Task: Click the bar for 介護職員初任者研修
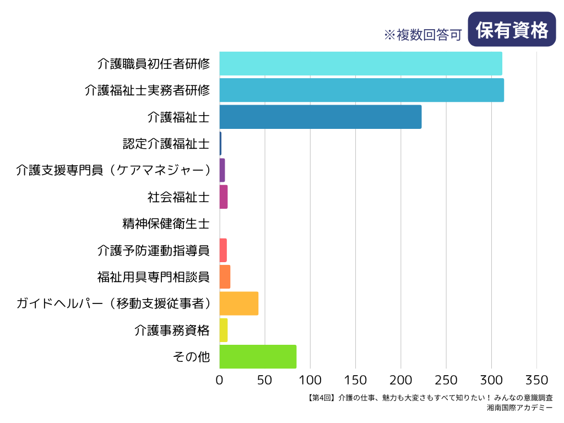(x=361, y=63)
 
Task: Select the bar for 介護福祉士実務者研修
(x=361, y=90)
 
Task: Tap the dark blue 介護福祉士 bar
(x=320, y=117)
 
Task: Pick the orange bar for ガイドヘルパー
(x=238, y=303)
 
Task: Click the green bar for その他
(x=258, y=356)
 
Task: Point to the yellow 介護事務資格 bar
(x=223, y=330)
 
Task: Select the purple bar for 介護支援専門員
(x=222, y=170)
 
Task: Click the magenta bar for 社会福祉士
(x=223, y=197)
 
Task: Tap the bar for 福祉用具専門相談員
(x=225, y=276)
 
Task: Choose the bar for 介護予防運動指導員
(x=223, y=250)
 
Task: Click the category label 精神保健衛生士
(x=166, y=224)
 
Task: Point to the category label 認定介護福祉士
(x=166, y=144)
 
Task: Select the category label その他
(x=191, y=357)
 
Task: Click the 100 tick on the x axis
(x=310, y=380)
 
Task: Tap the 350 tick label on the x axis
(x=537, y=380)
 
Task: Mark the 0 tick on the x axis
(x=219, y=380)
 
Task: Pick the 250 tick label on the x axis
(x=446, y=380)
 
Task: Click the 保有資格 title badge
(x=512, y=30)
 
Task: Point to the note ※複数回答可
(x=422, y=35)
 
